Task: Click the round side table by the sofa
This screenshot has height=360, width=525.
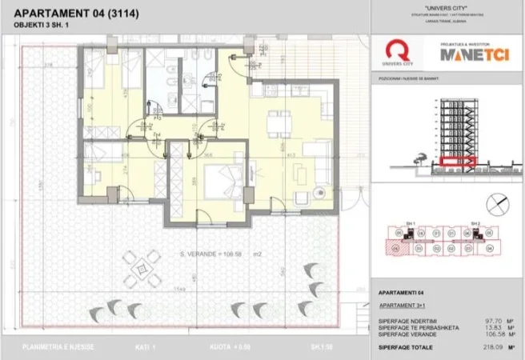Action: [x=318, y=190]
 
